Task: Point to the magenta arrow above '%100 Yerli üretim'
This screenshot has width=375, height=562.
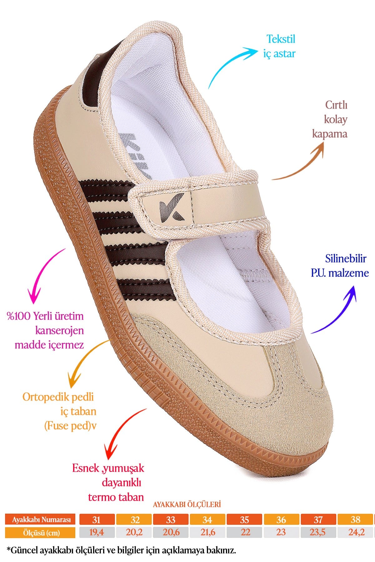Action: tap(42, 275)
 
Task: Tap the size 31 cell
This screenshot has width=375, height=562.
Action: tap(97, 520)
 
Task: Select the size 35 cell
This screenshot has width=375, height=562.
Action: tap(244, 520)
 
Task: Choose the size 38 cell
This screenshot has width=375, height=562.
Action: tap(355, 520)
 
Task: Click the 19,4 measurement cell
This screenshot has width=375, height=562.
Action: tap(97, 532)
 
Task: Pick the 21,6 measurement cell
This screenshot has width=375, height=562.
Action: tap(207, 532)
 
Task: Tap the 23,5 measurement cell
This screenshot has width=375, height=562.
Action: tap(318, 532)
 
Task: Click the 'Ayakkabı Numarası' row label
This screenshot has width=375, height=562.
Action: tap(40, 520)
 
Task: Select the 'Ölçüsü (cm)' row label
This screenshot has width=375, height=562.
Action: tap(40, 532)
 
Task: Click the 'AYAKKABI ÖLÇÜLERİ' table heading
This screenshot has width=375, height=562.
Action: tap(187, 504)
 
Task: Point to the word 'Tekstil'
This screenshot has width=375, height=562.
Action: tap(281, 39)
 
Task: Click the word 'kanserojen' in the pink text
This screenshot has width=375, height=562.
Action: tap(60, 330)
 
